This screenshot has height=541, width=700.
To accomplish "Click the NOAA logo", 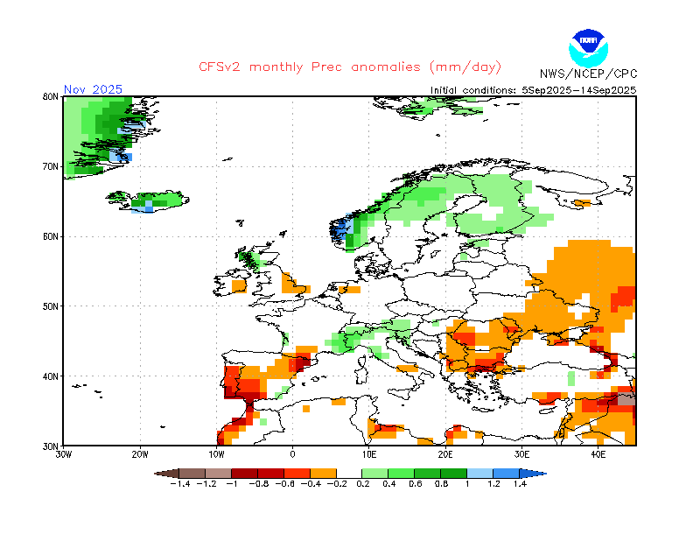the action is coord(588,48).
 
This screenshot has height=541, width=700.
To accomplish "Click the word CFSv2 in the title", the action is coord(220,67).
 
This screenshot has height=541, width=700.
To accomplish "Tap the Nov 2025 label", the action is coord(93,89).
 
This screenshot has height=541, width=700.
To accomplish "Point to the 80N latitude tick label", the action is coord(51,96).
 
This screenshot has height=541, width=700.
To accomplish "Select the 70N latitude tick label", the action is coord(51,166).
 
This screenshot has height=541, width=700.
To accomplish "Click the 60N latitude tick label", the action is coord(51,236).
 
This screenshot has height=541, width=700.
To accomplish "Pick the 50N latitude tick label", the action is coord(51,306).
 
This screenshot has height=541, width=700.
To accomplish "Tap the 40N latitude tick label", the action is coord(51,376).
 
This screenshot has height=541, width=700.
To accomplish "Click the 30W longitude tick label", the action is coord(63,455).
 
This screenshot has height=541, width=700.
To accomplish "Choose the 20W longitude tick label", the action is coord(140,455).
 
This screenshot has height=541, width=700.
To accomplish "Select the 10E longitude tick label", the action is coord(368,455).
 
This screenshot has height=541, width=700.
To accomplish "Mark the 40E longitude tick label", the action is coord(598,455).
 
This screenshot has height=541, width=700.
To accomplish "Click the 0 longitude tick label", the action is coord(292,455).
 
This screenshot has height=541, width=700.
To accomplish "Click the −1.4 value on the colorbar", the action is coord(180,484).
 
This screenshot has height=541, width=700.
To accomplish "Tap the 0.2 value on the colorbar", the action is coord(363,484).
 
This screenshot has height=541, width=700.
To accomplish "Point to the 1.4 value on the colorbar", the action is coord(520,484).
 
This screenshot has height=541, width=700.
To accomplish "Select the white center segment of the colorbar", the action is coord(349,474).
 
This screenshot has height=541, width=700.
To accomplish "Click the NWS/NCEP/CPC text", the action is coord(588,74).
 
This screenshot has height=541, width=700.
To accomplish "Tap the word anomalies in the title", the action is coord(386,67).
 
